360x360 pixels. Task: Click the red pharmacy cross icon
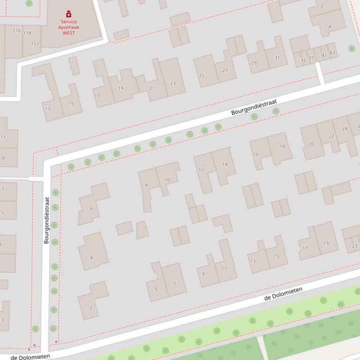(x=69, y=14)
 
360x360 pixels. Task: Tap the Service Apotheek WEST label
(x=69, y=27)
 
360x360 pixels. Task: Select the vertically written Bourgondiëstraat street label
(x=46, y=220)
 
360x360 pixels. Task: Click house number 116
(x=17, y=30)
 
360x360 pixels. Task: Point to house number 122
(x=35, y=43)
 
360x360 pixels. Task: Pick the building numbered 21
(x=152, y=88)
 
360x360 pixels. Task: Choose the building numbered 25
(x=202, y=76)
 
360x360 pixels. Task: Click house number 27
(x=225, y=71)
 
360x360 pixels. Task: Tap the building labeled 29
(x=254, y=63)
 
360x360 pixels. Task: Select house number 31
(x=277, y=58)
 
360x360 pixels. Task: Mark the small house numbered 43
(x=332, y=53)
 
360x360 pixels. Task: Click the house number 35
(x=303, y=61)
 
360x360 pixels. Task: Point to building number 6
(x=91, y=209)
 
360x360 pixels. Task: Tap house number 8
(x=146, y=185)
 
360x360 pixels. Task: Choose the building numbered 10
(x=167, y=180)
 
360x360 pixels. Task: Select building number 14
(x=225, y=165)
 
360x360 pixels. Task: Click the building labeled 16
(x=256, y=154)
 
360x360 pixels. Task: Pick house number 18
(x=282, y=147)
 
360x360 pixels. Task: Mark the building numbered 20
(x=311, y=144)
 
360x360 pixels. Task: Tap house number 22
(x=331, y=137)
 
